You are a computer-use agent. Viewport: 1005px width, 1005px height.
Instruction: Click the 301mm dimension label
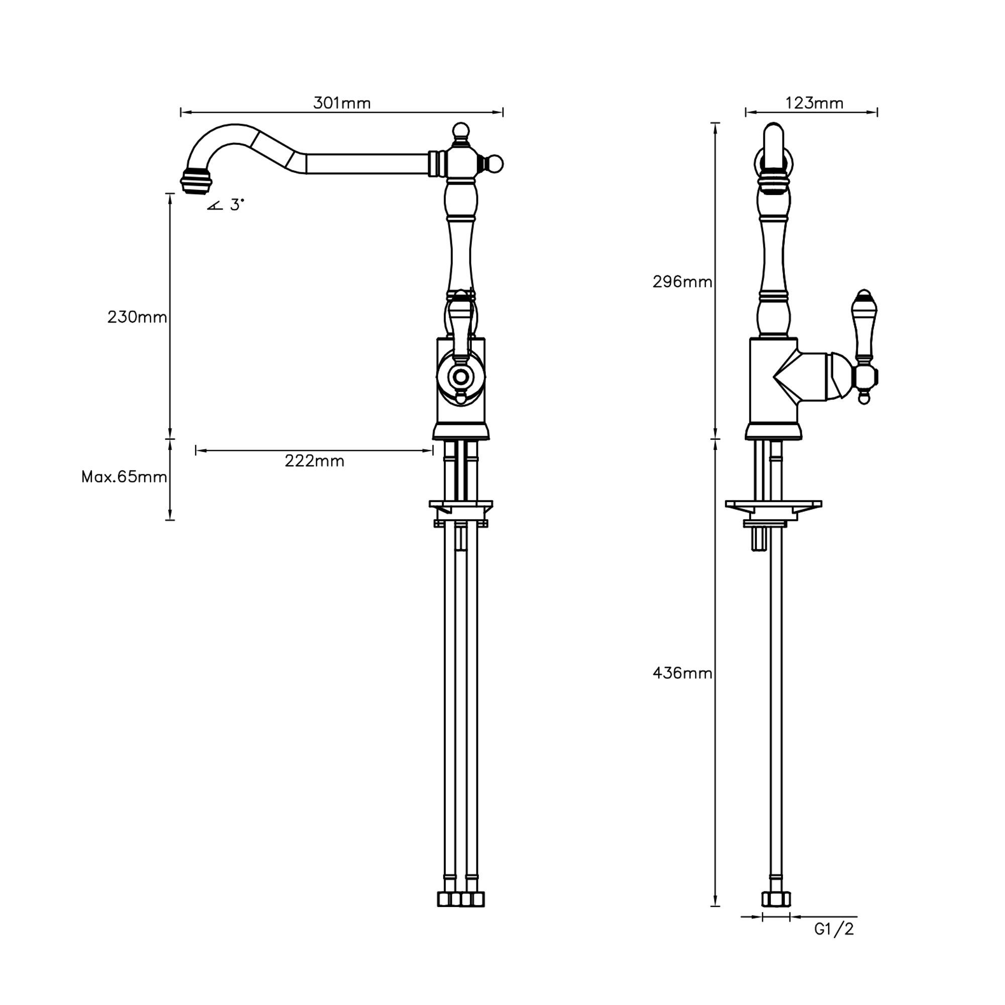point(342,103)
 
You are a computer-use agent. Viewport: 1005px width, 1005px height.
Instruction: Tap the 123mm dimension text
point(814,103)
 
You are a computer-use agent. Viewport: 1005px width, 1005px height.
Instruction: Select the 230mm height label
point(137,317)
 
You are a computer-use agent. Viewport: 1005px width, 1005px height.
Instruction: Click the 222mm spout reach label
point(314,461)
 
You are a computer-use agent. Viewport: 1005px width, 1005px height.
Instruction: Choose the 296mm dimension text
point(682,282)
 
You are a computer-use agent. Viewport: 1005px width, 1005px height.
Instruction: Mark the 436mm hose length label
point(682,673)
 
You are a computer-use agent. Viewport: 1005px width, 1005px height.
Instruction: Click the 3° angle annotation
point(236,205)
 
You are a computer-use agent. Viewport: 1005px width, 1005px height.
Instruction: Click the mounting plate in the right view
point(773,504)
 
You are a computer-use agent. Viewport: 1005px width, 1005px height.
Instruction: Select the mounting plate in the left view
point(460,504)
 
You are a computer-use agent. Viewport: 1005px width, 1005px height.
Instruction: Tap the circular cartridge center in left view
point(460,375)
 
